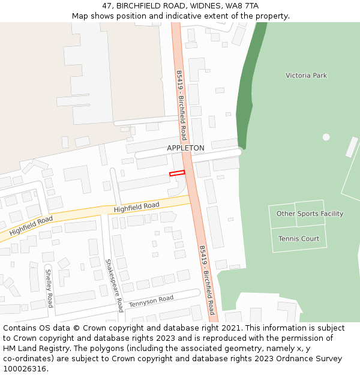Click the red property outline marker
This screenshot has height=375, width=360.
point(177,173)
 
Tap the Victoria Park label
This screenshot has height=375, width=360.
point(306,76)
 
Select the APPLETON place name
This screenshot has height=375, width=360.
point(185,148)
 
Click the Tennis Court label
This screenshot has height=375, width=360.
point(299,239)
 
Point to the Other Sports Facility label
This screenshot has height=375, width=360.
point(310,214)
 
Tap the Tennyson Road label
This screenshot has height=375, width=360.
point(151,301)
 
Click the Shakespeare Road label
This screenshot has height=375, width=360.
point(114,286)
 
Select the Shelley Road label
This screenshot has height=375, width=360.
point(49,288)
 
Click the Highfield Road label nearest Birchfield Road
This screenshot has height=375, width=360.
point(136,208)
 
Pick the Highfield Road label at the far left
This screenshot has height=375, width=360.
point(31,226)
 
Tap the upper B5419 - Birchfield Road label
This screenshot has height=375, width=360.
point(181,105)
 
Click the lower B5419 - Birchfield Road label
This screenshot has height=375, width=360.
point(207,280)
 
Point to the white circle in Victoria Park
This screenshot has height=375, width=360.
point(326,137)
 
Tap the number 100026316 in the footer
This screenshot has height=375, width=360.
point(25,368)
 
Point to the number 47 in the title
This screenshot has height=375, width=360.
point(107,6)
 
